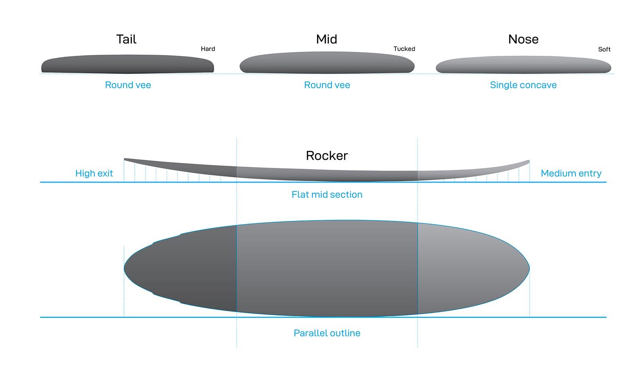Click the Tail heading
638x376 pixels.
(x=126, y=39)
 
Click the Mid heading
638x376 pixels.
(x=327, y=39)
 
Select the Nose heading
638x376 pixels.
(x=523, y=39)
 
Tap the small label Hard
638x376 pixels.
(x=208, y=49)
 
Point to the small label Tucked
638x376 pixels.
(x=404, y=49)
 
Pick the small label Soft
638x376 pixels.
(x=604, y=49)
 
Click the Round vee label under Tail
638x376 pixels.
(x=128, y=85)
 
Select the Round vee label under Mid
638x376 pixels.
(x=327, y=85)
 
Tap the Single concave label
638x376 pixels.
(x=523, y=85)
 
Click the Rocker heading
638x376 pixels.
(x=327, y=156)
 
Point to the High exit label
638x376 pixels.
(x=94, y=173)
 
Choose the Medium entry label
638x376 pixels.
(x=571, y=173)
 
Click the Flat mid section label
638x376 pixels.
(x=327, y=195)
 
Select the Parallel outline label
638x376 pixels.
(x=327, y=333)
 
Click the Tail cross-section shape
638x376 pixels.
(x=128, y=64)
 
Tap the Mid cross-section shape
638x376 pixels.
(x=327, y=62)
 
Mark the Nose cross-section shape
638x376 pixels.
(x=524, y=65)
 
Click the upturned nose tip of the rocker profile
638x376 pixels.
(x=529, y=161)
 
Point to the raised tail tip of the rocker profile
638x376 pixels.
(x=125, y=159)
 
